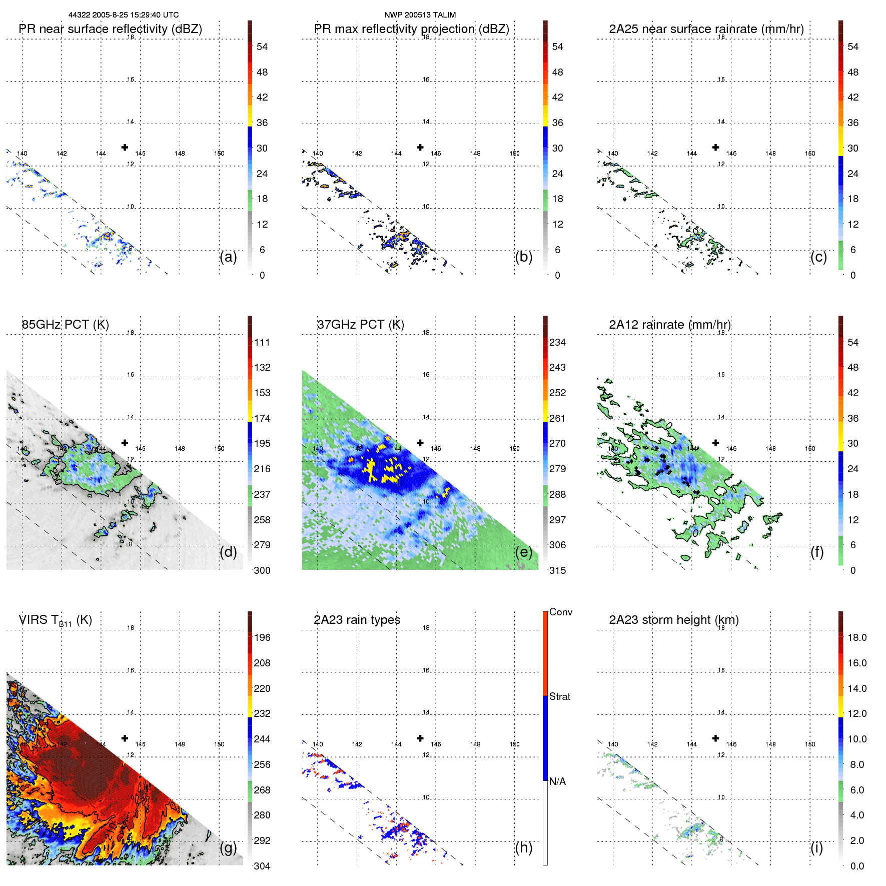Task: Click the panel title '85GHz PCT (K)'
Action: click(65, 325)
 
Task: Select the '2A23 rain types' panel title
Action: click(357, 620)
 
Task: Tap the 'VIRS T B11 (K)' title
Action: click(55, 620)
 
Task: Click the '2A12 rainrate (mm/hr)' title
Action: click(669, 325)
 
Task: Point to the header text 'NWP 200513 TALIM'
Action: click(420, 15)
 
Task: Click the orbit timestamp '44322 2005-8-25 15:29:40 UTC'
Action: click(123, 15)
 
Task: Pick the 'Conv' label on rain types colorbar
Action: click(560, 612)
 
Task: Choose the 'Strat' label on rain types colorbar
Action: click(559, 696)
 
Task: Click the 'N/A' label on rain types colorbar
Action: click(557, 781)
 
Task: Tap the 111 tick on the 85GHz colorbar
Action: click(262, 342)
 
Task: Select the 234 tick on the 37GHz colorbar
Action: click(557, 342)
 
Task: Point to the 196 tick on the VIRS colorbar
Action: click(262, 637)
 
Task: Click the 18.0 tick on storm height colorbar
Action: click(856, 637)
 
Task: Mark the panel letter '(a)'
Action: click(228, 257)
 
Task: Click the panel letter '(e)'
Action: click(523, 552)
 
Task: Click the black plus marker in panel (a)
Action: click(125, 147)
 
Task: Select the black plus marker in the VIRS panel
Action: click(125, 738)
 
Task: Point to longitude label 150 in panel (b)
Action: click(514, 154)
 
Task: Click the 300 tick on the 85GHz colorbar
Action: click(262, 570)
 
